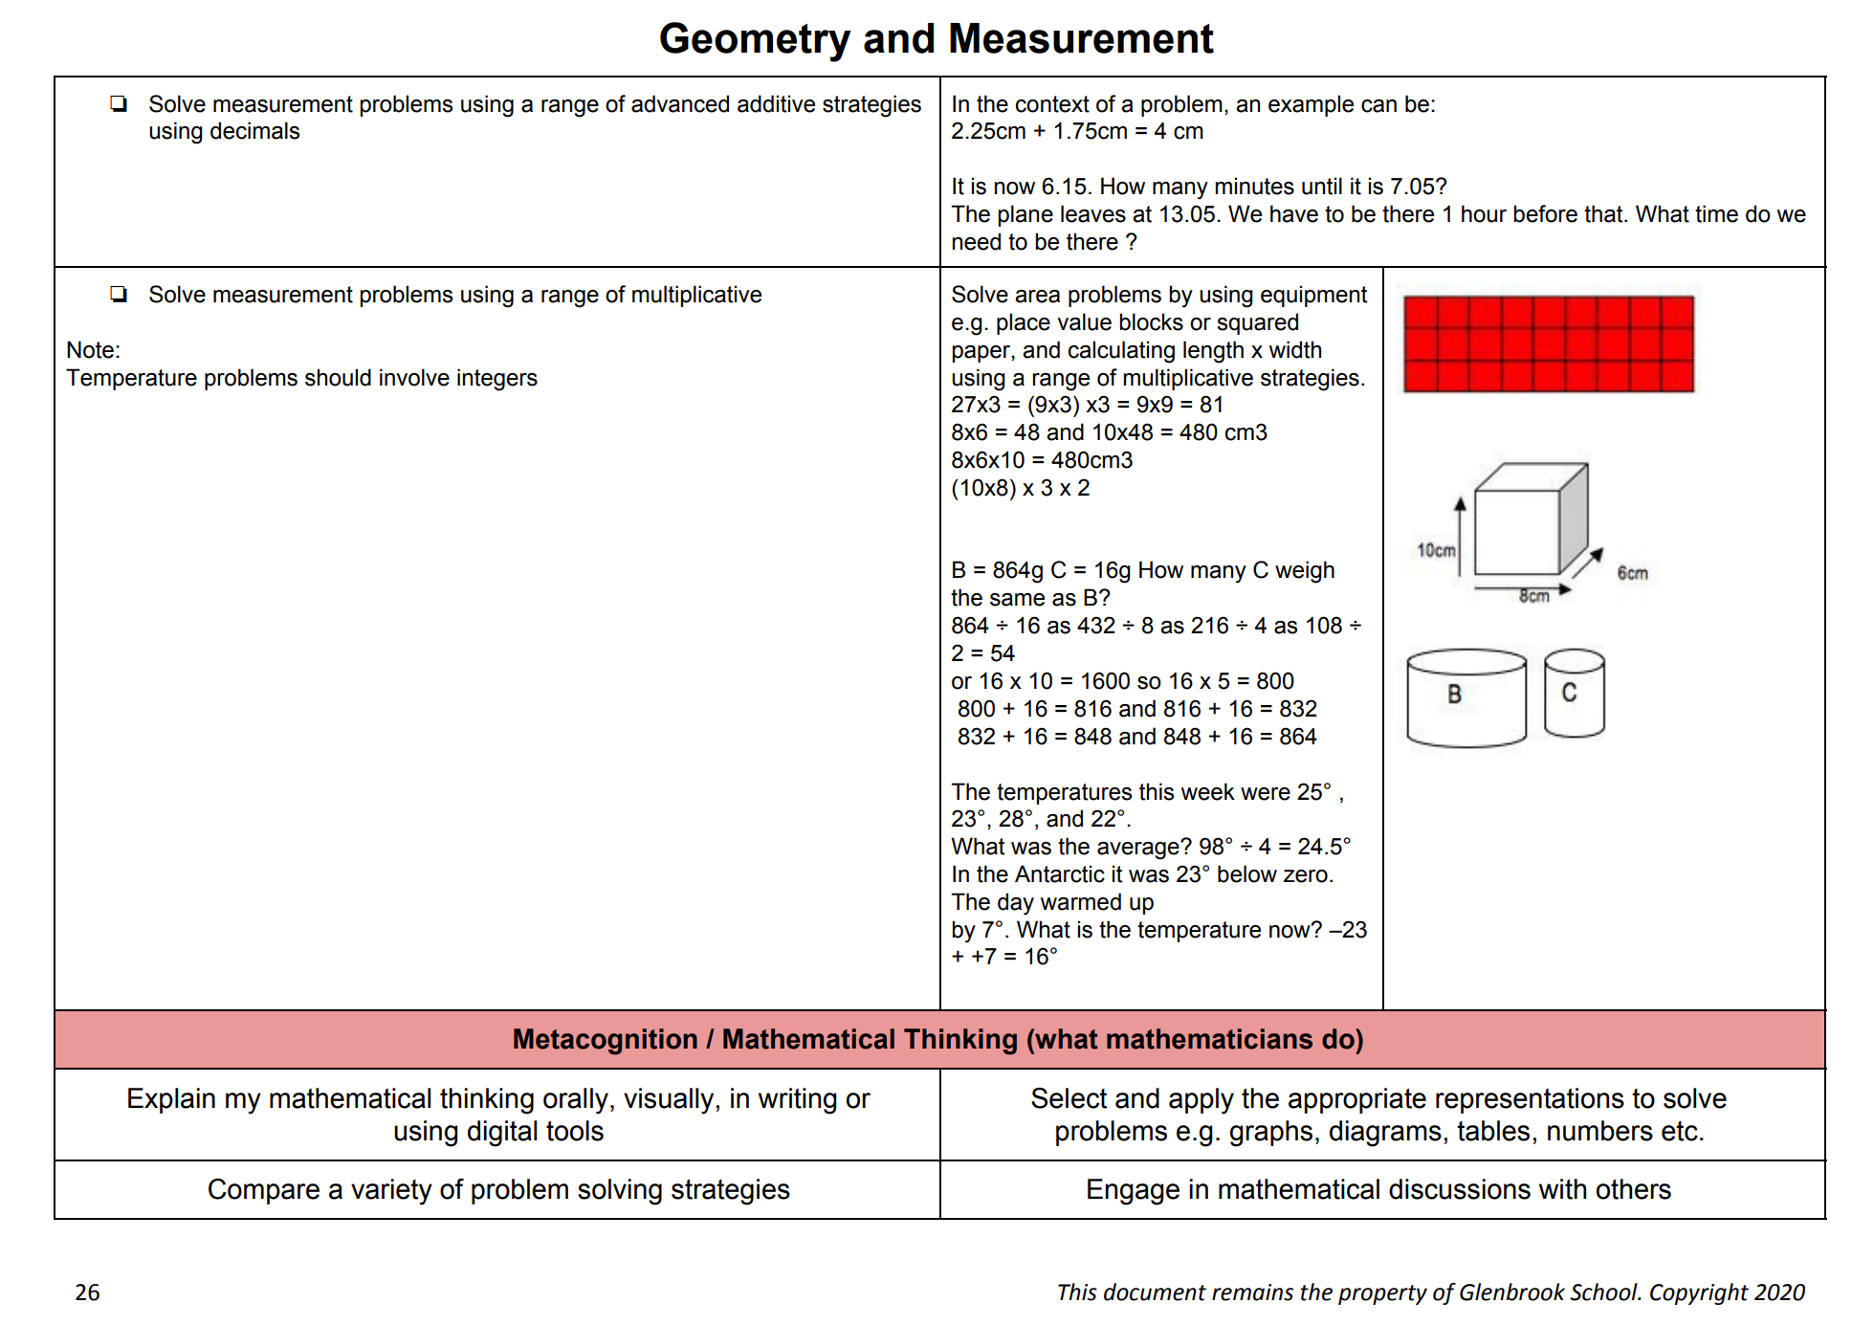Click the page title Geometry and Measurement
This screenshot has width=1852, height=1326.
click(936, 39)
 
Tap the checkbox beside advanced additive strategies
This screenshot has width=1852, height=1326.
click(119, 103)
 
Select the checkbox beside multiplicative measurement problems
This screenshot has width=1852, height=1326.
click(119, 294)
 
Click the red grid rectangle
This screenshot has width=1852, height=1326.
click(1548, 343)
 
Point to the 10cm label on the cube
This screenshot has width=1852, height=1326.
click(1435, 550)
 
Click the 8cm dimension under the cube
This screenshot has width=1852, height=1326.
click(1533, 597)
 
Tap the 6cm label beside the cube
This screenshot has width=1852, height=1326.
click(1632, 573)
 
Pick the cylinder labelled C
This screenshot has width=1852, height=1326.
click(1574, 693)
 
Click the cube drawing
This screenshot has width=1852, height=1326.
click(1529, 519)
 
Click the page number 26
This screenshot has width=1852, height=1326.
click(87, 1293)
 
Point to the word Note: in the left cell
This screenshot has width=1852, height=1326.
click(93, 350)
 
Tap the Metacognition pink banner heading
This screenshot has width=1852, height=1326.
click(937, 1039)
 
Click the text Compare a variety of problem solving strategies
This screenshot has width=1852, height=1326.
click(498, 1189)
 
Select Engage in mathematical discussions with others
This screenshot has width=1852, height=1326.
click(1378, 1189)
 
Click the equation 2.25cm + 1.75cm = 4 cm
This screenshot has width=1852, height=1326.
click(1076, 131)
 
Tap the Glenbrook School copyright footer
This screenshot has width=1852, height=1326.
click(1429, 1293)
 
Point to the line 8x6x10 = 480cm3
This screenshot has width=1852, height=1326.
click(1041, 460)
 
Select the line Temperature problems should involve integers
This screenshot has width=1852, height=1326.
click(301, 378)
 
